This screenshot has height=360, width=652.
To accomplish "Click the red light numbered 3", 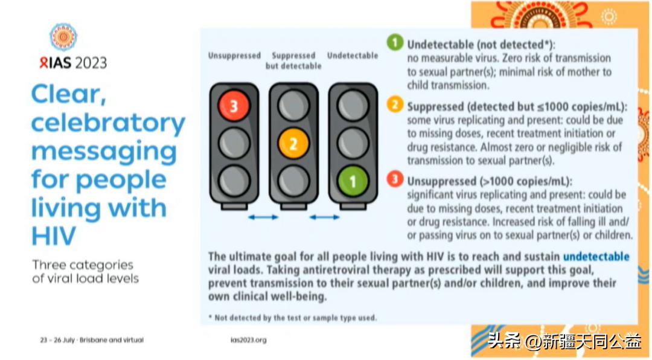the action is [234, 106].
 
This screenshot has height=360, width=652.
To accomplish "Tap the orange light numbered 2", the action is [293, 144].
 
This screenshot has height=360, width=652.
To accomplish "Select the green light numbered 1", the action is [353, 181].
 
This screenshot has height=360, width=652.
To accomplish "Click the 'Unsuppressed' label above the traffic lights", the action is [234, 56].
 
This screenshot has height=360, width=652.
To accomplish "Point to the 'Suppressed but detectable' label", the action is [293, 61].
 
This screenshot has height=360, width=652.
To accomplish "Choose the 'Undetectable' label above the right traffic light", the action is [353, 56].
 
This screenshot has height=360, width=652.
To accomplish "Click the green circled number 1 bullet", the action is [395, 42].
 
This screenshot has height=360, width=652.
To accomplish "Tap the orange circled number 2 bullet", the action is [395, 104].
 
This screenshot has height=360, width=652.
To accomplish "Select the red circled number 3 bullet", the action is [395, 179].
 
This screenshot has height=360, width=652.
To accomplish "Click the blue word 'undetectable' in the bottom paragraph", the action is [596, 256].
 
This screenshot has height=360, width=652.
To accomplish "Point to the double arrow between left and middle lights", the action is [263, 217].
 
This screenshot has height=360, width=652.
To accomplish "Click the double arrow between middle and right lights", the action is [325, 217].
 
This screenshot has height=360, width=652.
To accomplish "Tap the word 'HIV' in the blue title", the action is [54, 236].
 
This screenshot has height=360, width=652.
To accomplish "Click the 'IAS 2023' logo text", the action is [73, 63].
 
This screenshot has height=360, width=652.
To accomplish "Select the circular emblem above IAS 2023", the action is [63, 37].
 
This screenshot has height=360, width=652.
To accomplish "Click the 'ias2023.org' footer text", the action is [249, 340].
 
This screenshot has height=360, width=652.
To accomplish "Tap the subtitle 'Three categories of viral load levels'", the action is [85, 272].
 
